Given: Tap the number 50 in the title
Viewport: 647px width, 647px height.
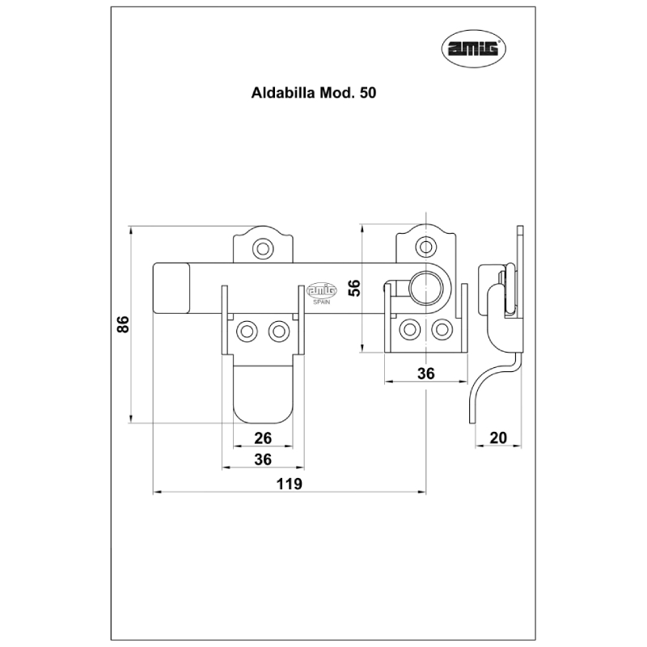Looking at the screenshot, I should coord(367,93).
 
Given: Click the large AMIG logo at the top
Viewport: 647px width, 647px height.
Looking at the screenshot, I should coord(474,50).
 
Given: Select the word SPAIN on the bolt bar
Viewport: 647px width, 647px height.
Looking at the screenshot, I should coord(321,301).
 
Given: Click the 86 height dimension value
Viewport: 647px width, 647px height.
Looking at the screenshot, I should coord(122,325).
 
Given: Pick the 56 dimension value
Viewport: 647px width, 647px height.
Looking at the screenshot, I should coord(353,288).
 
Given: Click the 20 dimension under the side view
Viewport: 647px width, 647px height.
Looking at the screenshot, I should coord(498,438).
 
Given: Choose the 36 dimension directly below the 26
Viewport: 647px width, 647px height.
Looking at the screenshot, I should coord(262,459).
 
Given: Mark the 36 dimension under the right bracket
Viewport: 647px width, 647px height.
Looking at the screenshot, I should coord(425,373).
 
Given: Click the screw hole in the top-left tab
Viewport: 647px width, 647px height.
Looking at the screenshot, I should coord(261,248).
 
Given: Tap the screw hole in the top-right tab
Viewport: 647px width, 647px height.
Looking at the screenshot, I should coord(425,248).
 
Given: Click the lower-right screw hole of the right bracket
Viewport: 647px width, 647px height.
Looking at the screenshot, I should coord(441,329).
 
